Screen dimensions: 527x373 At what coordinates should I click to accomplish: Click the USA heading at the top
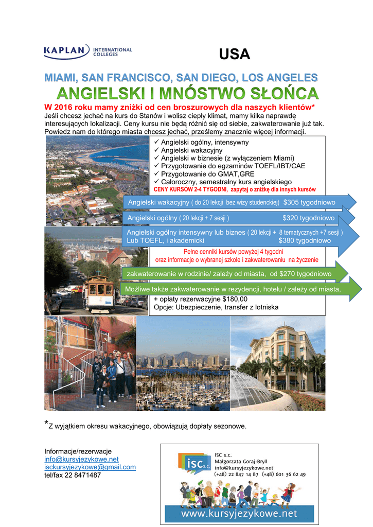coord(235,54)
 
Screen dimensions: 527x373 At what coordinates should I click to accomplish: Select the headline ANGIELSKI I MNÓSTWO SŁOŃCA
coord(187,94)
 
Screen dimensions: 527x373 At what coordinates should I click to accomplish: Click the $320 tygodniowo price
coord(309,218)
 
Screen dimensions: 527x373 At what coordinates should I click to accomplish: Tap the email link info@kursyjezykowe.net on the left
coord(81,459)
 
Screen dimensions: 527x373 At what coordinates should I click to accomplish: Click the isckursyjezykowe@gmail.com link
coord(90,467)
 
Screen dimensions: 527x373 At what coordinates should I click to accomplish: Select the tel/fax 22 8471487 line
coord(73,475)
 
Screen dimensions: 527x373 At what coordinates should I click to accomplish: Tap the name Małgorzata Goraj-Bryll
coord(241,461)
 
